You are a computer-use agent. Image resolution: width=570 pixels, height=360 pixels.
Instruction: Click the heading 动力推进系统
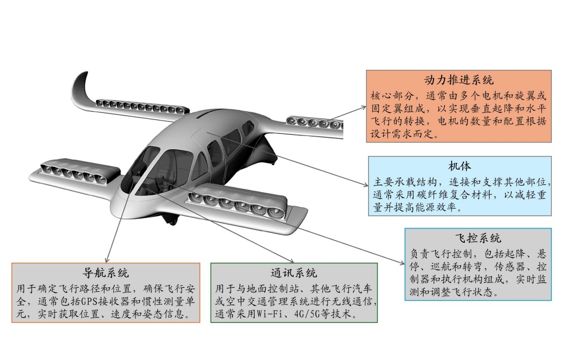[x=459, y=80]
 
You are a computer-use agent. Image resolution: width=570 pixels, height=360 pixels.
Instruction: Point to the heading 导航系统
[x=105, y=272]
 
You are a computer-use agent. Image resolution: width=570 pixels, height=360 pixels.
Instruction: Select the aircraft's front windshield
[x=144, y=165]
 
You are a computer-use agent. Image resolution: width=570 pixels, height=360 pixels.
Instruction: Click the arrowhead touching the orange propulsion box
[x=365, y=109]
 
